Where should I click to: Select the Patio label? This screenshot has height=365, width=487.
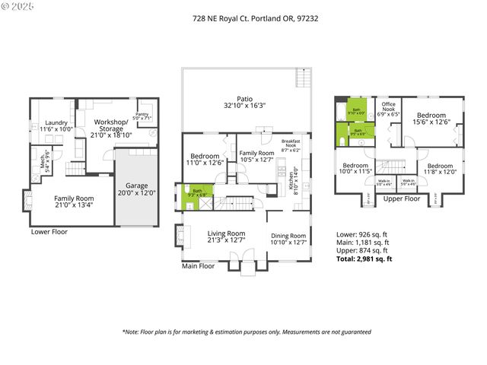pos(243,101)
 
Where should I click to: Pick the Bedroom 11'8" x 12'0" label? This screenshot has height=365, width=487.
pos(441,168)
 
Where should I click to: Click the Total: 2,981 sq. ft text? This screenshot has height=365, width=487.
pos(364,259)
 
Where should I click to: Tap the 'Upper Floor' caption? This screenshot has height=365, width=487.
pos(401,198)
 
